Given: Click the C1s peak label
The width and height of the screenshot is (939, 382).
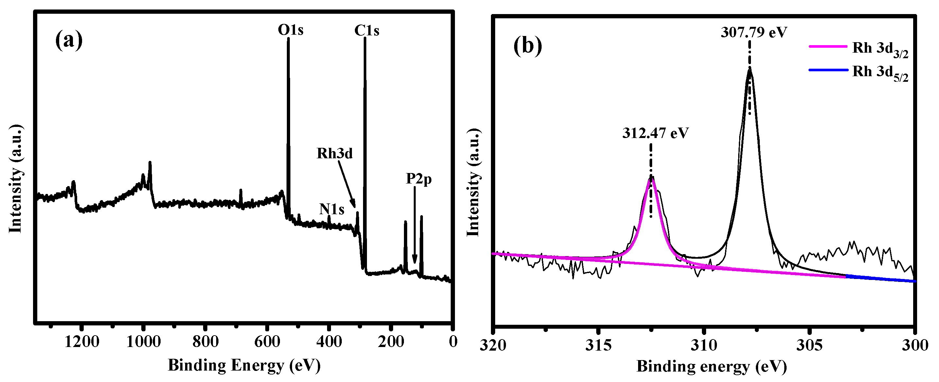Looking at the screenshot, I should (367, 31).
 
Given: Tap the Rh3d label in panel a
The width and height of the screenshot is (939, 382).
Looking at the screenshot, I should (334, 153).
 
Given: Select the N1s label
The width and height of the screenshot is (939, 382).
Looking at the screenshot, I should (331, 209).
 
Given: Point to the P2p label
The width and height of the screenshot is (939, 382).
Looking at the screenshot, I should (419, 179).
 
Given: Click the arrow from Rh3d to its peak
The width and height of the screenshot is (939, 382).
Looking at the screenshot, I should (346, 184).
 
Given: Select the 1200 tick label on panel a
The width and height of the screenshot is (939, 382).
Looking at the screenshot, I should (82, 342).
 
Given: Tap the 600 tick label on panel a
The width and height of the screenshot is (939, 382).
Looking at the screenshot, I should (267, 342).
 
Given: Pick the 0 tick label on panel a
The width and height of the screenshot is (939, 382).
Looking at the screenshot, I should (453, 342).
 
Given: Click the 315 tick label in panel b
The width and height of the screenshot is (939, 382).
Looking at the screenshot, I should (598, 345).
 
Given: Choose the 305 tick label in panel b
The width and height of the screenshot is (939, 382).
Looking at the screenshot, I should (809, 345).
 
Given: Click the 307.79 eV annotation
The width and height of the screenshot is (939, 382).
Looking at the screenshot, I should (754, 32).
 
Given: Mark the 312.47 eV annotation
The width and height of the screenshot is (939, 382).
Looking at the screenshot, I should (655, 133).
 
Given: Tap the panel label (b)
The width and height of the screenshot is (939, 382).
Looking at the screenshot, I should (528, 46).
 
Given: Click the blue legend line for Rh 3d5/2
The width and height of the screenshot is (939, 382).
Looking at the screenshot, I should (828, 70).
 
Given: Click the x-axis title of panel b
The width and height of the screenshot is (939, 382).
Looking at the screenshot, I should (712, 366).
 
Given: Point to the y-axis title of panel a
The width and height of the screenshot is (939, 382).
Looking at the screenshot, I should (15, 179).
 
